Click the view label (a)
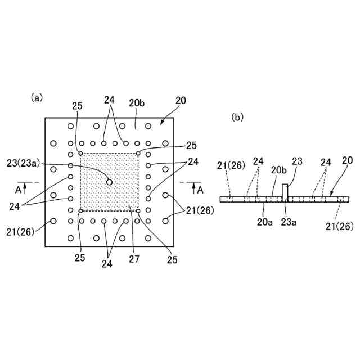[x=37, y=97]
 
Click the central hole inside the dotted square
[x=110, y=182]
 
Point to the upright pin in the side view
[x=285, y=191]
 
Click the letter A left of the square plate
[x=18, y=191]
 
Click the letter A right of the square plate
[x=201, y=191]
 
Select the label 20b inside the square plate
[x=137, y=103]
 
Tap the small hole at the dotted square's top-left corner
[x=82, y=154]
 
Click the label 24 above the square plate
[x=110, y=100]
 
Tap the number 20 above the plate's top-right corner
[x=180, y=101]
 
